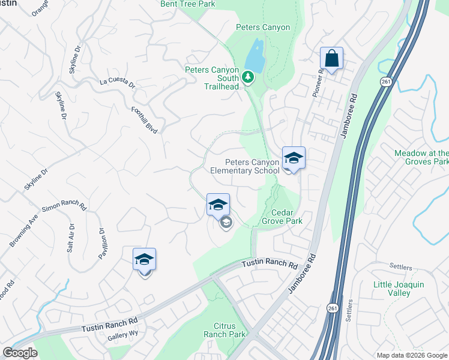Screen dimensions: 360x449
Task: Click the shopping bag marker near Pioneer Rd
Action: pos(331,59)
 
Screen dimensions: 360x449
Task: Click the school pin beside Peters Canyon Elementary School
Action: pos(294,158)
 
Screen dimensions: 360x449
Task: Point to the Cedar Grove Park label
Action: pos(282,217)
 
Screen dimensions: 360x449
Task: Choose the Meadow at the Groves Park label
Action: pos(421,158)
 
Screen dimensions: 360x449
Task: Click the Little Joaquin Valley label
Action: pos(399,289)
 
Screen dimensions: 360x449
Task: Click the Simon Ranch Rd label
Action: pos(64,209)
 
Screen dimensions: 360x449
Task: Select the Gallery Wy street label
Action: pos(122,337)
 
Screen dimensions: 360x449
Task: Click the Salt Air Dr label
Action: pos(71,238)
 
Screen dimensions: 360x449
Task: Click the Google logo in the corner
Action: pos(20,353)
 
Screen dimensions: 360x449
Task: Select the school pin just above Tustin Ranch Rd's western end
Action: pos(144,260)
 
